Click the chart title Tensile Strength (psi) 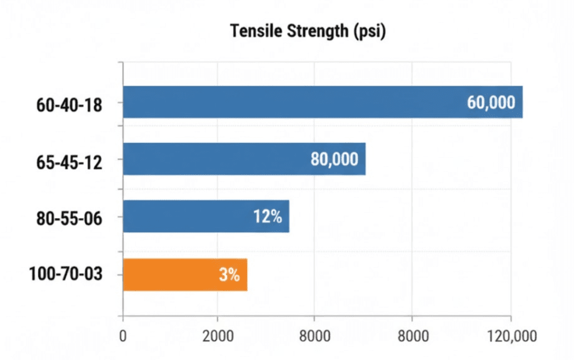[x=308, y=31]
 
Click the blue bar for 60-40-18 [x=291, y=102]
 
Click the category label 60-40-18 [x=69, y=104]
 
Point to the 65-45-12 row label [x=69, y=161]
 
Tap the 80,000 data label [x=334, y=159]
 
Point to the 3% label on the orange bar [x=229, y=275]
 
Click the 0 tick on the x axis [x=123, y=336]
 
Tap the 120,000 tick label [x=511, y=336]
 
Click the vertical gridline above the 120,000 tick [x=511, y=224]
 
